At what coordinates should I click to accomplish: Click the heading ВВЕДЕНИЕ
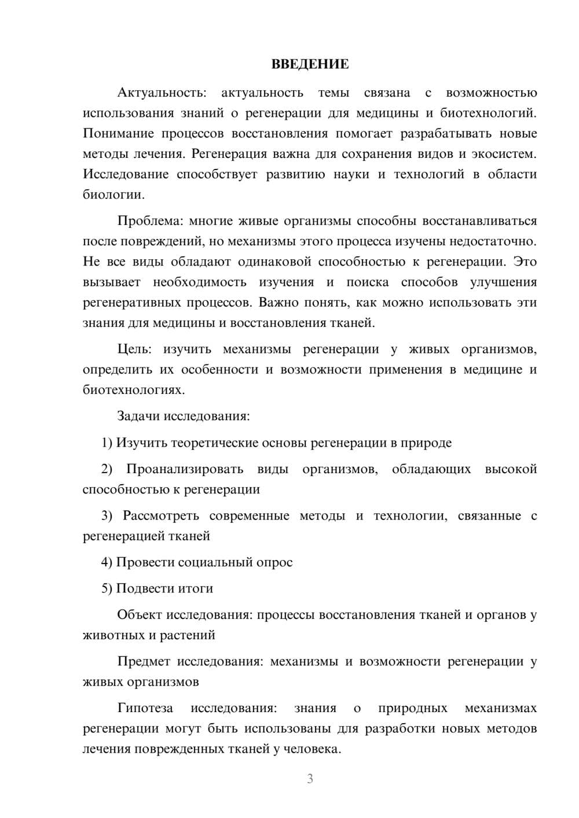click(x=310, y=64)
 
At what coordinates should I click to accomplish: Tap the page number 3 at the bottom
click(x=310, y=779)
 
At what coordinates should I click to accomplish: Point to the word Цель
click(x=134, y=349)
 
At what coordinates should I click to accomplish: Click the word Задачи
click(x=139, y=416)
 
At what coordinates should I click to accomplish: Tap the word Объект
click(x=140, y=614)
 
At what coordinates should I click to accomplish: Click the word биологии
click(x=112, y=194)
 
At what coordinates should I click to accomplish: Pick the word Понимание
click(x=118, y=134)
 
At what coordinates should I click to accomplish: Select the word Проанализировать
click(x=185, y=469)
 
